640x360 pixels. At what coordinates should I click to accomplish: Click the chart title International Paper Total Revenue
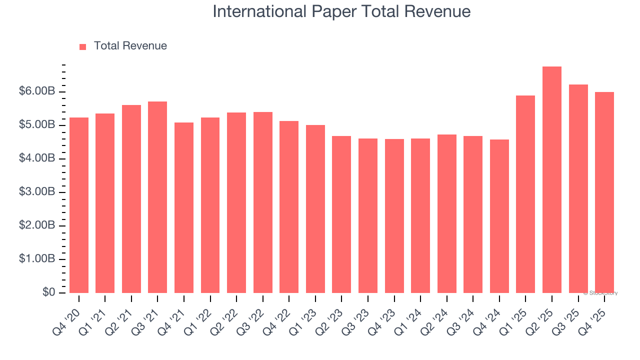(341, 11)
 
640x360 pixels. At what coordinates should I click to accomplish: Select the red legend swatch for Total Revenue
(83, 46)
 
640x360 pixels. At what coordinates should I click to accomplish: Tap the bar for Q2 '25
(552, 180)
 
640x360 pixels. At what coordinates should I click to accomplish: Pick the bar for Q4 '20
(79, 205)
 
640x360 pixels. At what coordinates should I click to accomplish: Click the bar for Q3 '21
(157, 197)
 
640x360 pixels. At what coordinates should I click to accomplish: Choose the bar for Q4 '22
(289, 207)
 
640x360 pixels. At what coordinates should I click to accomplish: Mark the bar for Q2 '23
(341, 214)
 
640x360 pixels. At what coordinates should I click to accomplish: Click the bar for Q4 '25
(604, 192)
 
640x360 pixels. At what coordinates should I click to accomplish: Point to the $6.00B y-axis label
(37, 91)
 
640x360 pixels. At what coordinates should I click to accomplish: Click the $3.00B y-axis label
(37, 192)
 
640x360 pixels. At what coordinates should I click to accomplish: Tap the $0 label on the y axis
(48, 292)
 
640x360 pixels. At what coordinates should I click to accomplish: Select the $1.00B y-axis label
(37, 259)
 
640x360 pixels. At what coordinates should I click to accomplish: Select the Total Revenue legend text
(130, 46)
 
